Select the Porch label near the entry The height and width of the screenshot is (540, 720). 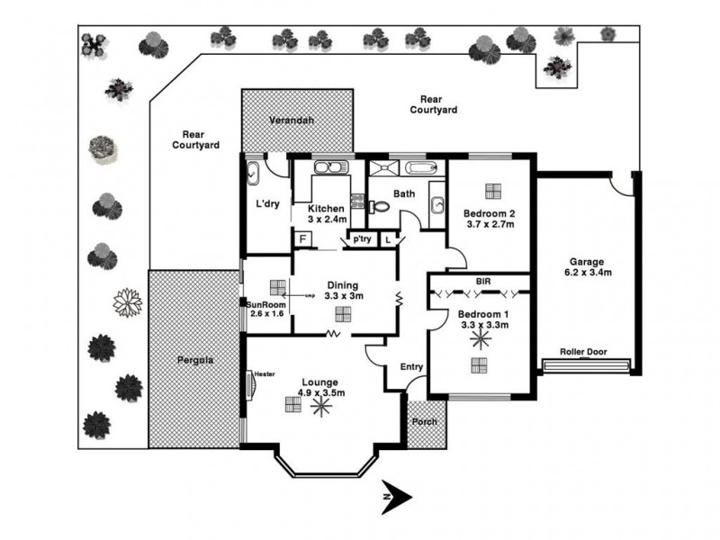(425, 422)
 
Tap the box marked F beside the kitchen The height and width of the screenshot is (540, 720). (303, 238)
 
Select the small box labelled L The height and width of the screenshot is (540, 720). (388, 238)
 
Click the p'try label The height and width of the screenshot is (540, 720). (362, 239)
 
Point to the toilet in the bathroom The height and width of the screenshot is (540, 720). (379, 206)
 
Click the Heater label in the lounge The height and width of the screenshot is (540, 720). (264, 373)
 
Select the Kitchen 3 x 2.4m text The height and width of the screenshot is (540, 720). (327, 213)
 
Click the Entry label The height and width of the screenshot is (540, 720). (411, 366)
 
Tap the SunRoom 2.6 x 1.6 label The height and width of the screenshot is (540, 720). (265, 309)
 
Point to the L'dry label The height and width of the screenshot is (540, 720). (268, 204)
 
